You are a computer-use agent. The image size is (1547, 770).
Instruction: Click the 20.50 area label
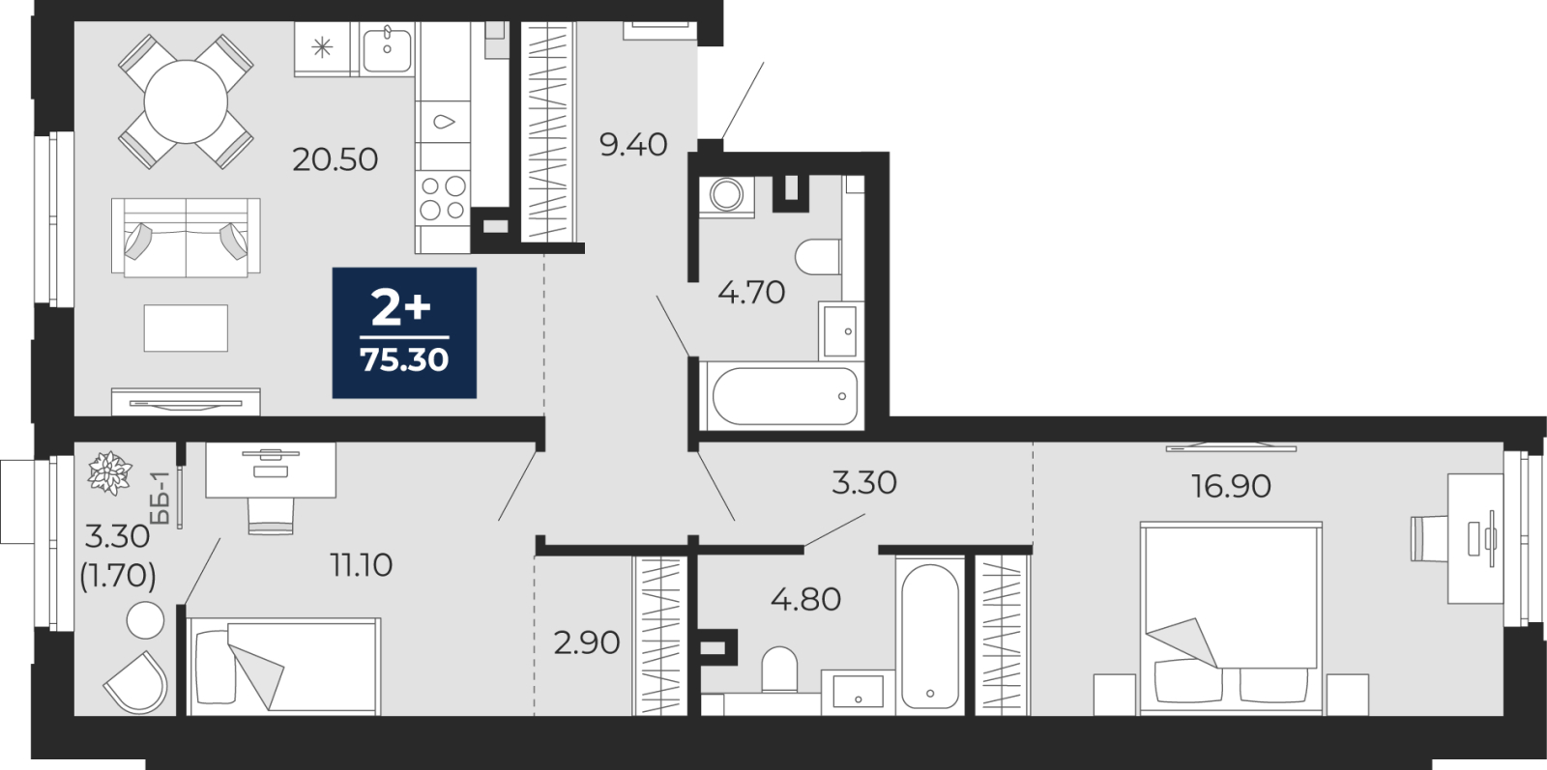[x=335, y=160]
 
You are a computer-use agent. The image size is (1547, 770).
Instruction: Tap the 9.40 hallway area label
[x=633, y=145]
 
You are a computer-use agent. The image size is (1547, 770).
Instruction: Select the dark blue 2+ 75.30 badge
[x=405, y=332]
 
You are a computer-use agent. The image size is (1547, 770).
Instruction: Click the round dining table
[x=186, y=101]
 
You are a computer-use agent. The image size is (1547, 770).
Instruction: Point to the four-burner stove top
[x=443, y=198]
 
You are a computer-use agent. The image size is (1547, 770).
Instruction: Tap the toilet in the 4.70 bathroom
[x=818, y=257]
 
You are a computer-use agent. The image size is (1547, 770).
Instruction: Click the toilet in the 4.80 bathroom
[x=779, y=670]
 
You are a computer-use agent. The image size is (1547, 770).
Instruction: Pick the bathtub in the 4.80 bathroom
[x=929, y=636]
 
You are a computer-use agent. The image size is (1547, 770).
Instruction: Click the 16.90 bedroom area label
[x=1231, y=486]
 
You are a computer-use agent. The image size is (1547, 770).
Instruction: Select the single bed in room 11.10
[x=283, y=667]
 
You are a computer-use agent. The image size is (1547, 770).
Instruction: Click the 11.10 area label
[x=362, y=565]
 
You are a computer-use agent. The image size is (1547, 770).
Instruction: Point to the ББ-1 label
[x=161, y=499]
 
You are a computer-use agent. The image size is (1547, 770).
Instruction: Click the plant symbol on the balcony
[x=109, y=473]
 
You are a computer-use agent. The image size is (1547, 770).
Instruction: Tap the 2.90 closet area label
[x=587, y=643]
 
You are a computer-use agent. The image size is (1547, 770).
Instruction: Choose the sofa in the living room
[x=186, y=238]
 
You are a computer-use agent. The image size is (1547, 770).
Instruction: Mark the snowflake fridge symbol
[x=322, y=47]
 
